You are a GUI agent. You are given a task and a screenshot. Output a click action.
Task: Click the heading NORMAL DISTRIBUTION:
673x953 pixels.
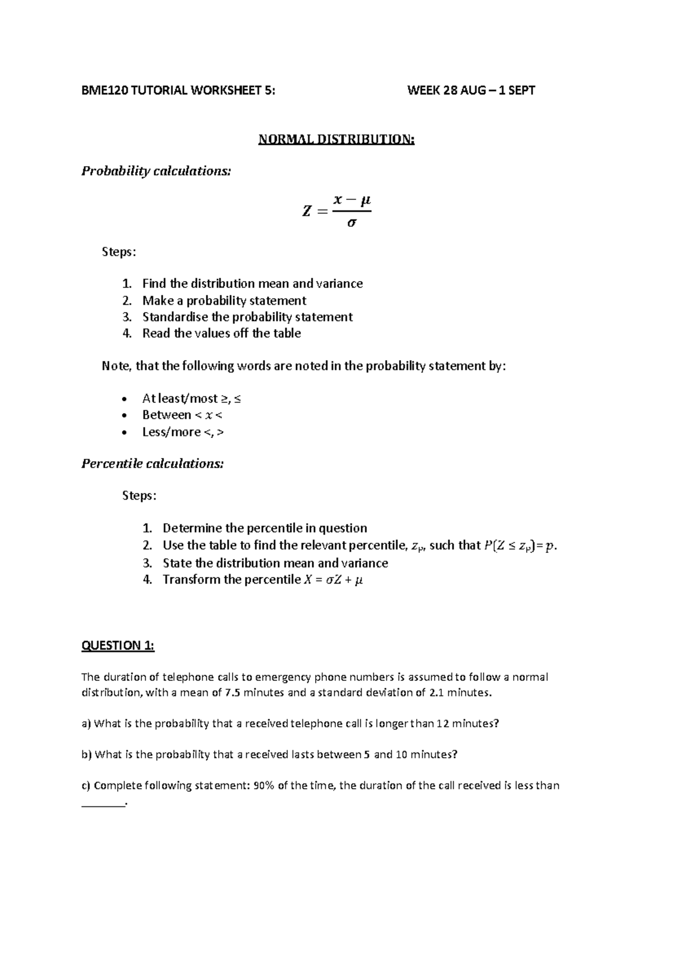(x=336, y=139)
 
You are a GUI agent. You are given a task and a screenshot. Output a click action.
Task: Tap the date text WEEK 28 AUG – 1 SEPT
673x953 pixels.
(x=471, y=90)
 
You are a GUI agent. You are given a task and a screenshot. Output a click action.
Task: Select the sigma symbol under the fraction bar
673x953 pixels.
(x=352, y=223)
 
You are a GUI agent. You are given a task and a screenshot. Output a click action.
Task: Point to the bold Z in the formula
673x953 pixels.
(x=306, y=212)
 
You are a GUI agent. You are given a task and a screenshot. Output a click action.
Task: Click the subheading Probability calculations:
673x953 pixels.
(x=156, y=171)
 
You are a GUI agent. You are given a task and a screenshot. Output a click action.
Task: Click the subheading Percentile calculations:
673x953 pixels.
(x=153, y=464)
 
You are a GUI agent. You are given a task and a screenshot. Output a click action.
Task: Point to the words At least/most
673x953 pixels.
(x=179, y=399)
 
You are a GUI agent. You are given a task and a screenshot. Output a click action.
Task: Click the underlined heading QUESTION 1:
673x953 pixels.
(x=118, y=645)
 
